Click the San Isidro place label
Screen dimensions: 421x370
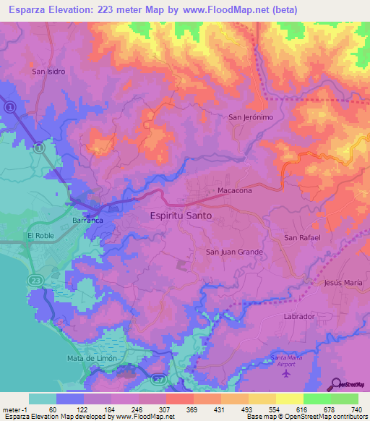(49, 72)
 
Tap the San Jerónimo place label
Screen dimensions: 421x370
(251, 117)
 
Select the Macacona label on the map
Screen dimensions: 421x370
(235, 191)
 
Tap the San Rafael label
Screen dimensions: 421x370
(301, 237)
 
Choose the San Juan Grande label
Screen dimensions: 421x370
(234, 252)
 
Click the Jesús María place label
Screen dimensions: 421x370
(343, 283)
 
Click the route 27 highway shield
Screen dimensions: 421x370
(160, 378)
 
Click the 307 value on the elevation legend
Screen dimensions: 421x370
(165, 409)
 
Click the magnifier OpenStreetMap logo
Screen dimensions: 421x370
(337, 386)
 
